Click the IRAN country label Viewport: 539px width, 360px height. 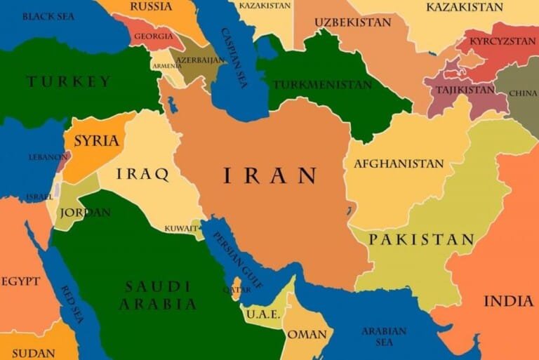(270, 175)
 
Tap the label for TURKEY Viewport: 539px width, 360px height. (69, 81)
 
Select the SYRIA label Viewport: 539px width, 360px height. (96, 140)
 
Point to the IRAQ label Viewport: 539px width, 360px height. (142, 174)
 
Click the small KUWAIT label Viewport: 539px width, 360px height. (180, 228)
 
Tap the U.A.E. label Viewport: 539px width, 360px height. (263, 314)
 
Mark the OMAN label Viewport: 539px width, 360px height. (307, 334)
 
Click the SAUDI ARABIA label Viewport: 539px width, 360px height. (158, 295)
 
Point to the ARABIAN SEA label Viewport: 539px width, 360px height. (383, 336)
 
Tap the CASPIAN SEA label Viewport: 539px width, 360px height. (234, 53)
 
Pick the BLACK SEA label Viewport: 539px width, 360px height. (48, 15)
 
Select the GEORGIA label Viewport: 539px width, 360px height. (153, 36)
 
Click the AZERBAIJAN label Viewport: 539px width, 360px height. (201, 61)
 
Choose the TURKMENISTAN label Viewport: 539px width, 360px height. (322, 84)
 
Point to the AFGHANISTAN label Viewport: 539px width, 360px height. (399, 164)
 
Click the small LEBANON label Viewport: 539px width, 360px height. (48, 157)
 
